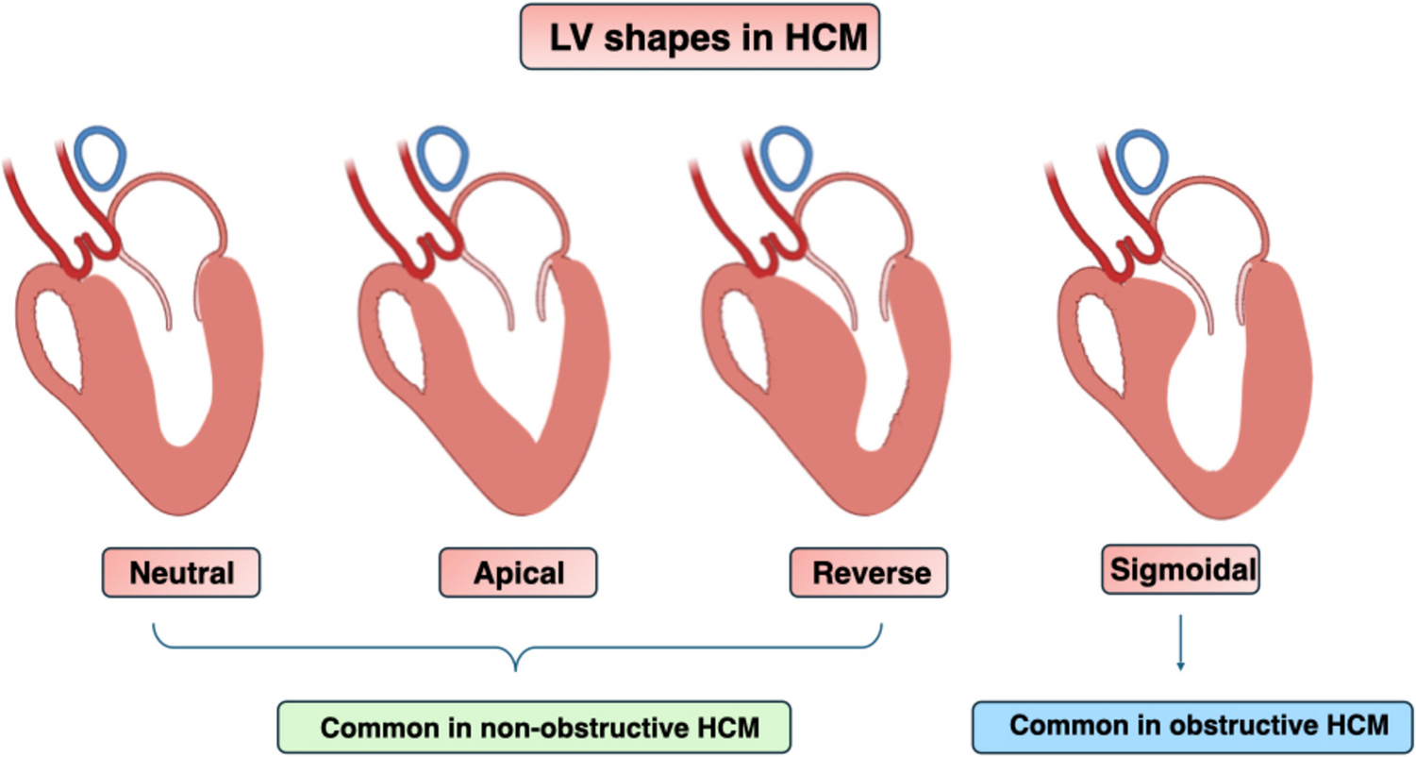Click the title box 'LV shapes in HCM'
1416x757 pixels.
699,37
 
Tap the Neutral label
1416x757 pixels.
179,572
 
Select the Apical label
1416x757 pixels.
518,572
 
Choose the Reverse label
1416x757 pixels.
868,572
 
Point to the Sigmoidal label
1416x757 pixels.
1180,569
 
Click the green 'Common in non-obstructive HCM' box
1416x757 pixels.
533,727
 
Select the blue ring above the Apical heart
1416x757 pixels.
441,157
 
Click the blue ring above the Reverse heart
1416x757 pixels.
787,157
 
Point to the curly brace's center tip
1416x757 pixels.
516,668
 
